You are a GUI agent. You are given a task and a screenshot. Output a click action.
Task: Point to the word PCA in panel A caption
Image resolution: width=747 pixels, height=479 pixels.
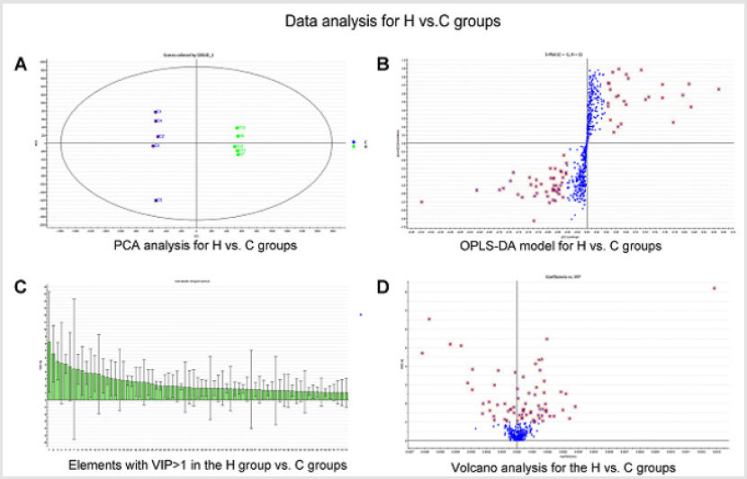(127, 245)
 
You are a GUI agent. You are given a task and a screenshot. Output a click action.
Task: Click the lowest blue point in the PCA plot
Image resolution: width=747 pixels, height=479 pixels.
(157, 200)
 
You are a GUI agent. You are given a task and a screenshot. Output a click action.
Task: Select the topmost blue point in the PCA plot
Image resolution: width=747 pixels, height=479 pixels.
(155, 112)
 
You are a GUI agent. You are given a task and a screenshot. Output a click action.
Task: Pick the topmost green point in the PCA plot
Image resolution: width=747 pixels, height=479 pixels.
(237, 128)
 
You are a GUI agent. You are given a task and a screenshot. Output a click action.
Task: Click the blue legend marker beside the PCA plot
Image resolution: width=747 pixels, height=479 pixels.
(355, 141)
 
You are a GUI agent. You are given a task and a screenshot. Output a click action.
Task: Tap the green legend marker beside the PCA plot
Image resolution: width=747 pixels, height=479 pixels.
(355, 146)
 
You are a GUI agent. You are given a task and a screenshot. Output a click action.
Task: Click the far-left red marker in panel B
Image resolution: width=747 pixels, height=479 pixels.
(421, 202)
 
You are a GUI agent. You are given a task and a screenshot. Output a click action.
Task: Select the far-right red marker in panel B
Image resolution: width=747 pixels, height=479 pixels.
(718, 89)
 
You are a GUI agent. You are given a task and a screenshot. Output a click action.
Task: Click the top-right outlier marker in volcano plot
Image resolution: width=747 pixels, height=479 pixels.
(714, 288)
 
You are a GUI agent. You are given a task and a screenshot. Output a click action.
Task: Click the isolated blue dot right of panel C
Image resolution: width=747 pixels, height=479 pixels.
(360, 314)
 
